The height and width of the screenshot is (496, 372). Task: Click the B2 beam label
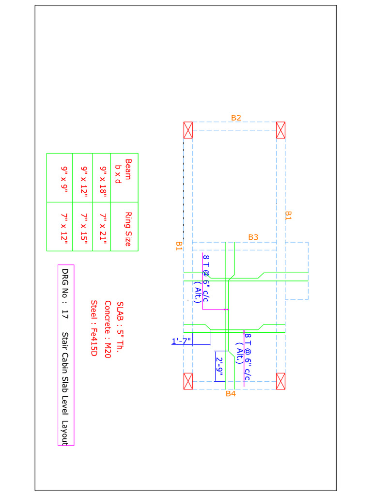(x=236, y=118)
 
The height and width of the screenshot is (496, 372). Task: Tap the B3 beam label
(x=253, y=237)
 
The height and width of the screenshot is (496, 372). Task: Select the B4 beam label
(x=231, y=394)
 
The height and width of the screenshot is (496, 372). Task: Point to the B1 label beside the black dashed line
(x=179, y=246)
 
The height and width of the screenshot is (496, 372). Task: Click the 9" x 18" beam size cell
(x=102, y=177)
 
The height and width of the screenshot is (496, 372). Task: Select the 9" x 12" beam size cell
(x=83, y=177)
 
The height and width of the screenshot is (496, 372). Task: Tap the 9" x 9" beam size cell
(x=63, y=177)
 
